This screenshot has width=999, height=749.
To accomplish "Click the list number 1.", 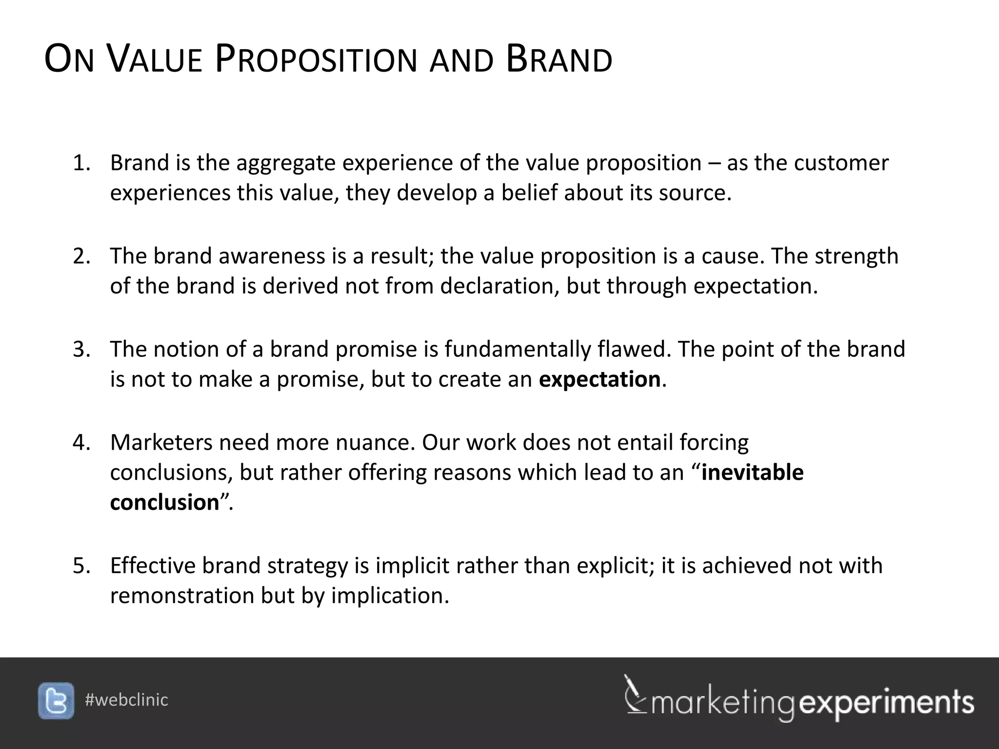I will coord(81,163).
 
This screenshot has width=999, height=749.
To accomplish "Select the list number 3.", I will coord(81,350).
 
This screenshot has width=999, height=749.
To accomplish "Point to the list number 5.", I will coord(81,566).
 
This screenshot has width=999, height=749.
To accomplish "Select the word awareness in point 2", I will coord(271,256).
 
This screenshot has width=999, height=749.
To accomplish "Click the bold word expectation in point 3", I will coord(599,379).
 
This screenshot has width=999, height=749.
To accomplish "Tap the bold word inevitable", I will coord(752,473).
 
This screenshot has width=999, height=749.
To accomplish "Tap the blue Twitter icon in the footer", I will coord(56,701).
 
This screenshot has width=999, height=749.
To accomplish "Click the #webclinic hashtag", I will coord(126,700).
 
